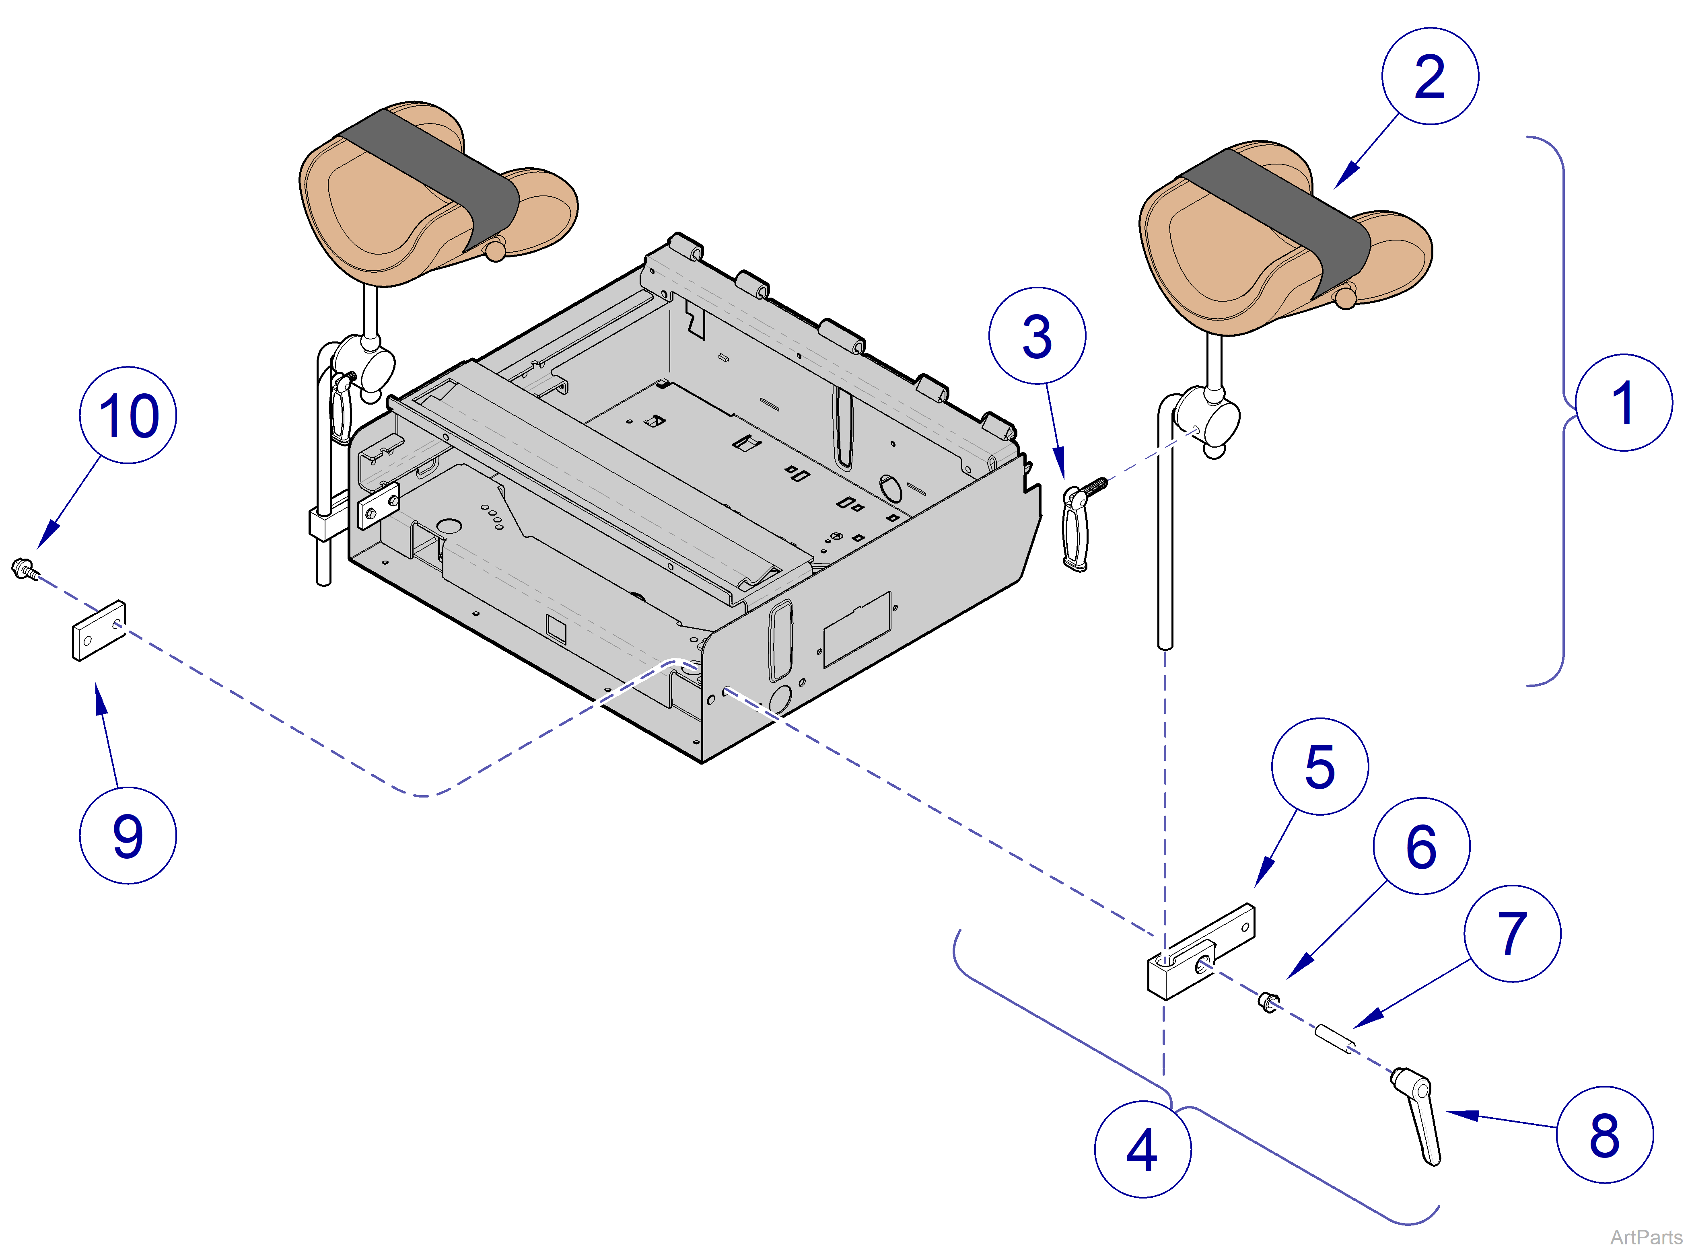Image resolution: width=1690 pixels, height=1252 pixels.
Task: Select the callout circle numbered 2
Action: point(1429,76)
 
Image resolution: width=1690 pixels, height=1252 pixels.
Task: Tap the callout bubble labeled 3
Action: point(1037,336)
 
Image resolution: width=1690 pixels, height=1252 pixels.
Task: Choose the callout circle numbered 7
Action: point(1512,934)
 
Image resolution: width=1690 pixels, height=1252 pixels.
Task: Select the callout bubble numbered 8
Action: point(1604,1135)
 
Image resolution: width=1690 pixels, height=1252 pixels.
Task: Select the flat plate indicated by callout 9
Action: point(99,631)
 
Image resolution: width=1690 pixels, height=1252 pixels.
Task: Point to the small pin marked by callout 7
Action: point(1334,1038)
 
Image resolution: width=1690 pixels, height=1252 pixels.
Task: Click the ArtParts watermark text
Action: point(1646,1237)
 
